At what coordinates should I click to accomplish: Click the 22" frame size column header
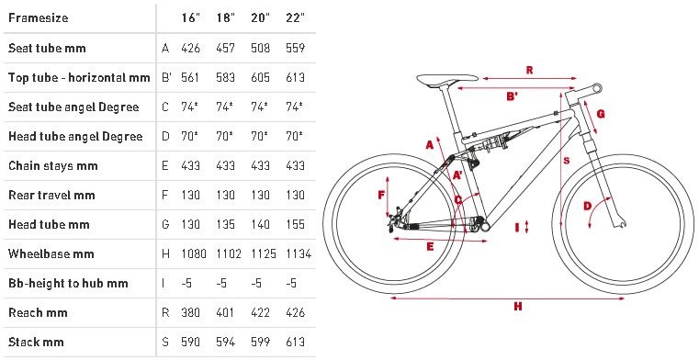(x=295, y=18)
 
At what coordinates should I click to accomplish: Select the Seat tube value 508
(x=261, y=48)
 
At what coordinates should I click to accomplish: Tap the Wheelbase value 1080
(x=194, y=254)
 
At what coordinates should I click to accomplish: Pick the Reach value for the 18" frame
(x=225, y=312)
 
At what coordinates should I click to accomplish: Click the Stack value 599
(x=261, y=342)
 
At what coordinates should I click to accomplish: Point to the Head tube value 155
(x=295, y=224)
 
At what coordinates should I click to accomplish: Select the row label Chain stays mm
(x=53, y=165)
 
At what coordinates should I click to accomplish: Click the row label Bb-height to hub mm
(x=68, y=284)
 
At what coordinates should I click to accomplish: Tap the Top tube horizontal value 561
(x=190, y=77)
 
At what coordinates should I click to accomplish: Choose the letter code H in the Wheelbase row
(x=165, y=254)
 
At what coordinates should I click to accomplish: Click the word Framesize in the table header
(x=39, y=18)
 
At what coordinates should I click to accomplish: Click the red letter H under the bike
(x=517, y=306)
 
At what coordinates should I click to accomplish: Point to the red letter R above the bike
(x=530, y=70)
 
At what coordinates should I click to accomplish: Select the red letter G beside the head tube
(x=601, y=114)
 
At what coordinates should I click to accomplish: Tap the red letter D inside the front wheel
(x=588, y=206)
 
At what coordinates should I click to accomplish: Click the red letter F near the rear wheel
(x=381, y=195)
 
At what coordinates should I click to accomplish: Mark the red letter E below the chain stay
(x=430, y=246)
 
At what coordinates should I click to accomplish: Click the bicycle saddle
(x=447, y=79)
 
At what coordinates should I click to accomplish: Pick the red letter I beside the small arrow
(x=517, y=227)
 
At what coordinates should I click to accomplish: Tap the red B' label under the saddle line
(x=513, y=96)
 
